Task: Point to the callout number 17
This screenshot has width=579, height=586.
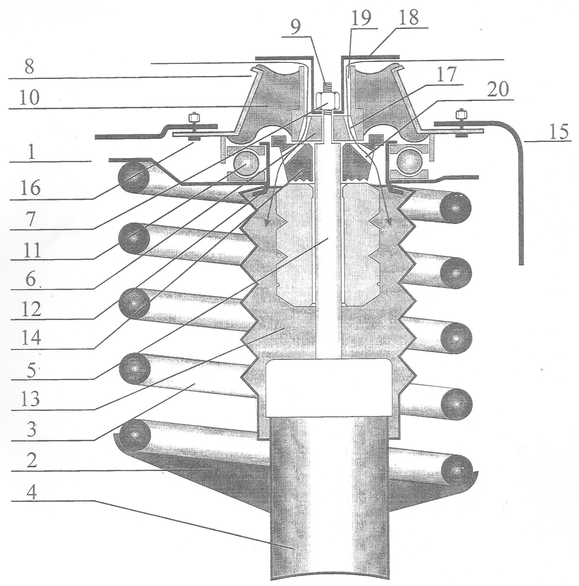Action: pyautogui.click(x=446, y=74)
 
